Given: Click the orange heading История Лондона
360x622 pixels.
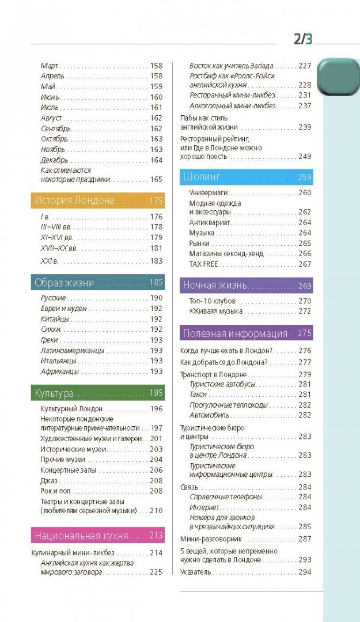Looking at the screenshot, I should [74, 200].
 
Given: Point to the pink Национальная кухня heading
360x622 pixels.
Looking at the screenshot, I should [81, 535].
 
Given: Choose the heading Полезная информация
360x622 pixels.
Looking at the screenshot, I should [235, 333].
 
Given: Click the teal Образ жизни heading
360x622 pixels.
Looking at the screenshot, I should [64, 282].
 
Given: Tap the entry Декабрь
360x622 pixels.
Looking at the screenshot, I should [55, 160].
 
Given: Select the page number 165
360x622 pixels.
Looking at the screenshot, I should [156, 179].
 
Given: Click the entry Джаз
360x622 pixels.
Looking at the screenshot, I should [49, 480].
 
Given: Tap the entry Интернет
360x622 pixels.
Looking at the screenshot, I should [204, 507].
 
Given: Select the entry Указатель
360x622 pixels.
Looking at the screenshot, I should [196, 572].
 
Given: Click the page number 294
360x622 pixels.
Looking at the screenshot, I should [305, 572].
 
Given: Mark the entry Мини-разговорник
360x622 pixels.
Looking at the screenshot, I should [211, 539].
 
